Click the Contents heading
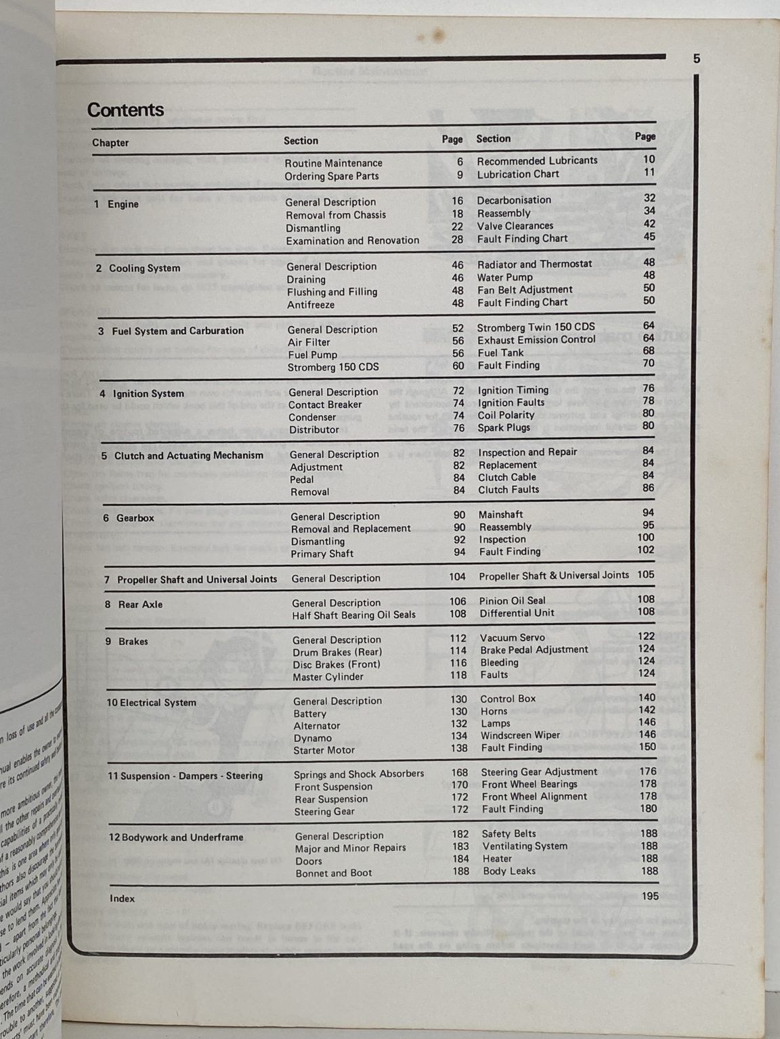[x=125, y=110]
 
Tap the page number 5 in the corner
[x=697, y=59]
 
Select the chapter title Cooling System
[x=144, y=269]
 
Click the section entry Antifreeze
[x=311, y=305]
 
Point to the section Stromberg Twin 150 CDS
[x=536, y=327]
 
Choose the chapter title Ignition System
[x=148, y=394]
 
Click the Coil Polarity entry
[x=506, y=415]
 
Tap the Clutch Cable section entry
[x=507, y=477]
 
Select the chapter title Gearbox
[x=135, y=518]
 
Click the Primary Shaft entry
[x=322, y=554]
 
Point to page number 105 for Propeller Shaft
[x=646, y=575]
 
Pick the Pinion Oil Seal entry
[x=512, y=601]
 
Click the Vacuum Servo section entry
[x=512, y=638]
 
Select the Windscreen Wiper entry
[x=520, y=735]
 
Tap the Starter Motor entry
[x=324, y=750]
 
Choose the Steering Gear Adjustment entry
[x=539, y=772]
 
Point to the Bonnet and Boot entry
[x=333, y=873]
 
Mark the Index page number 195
[x=649, y=896]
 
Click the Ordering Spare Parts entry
[x=331, y=176]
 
